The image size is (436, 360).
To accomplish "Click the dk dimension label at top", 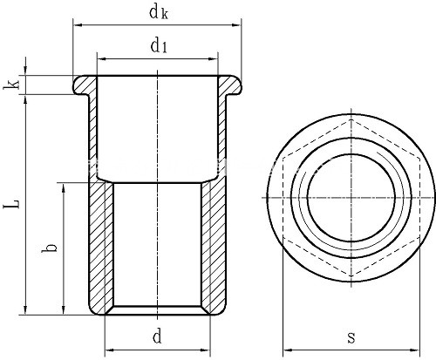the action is pos(159,13).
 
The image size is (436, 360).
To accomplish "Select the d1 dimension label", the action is pos(159,46).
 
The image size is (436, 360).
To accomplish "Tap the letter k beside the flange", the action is pos(11,85).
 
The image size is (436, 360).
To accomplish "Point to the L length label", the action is pos(11,203).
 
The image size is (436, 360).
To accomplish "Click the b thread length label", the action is pos(49,248).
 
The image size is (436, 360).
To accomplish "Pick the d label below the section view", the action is pos(157,337).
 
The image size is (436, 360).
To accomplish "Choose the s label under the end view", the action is pos(351,338).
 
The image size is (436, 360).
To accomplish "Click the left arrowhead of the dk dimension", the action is pos(77,25).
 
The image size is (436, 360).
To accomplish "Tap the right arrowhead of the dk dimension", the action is pos(237,25).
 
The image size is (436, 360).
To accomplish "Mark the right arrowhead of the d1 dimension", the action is pos(214,59).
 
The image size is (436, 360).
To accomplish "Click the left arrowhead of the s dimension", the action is pos(287,350).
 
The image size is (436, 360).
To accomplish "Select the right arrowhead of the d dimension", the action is pos(206,350).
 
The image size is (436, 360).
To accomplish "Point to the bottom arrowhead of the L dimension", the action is pos(25,310).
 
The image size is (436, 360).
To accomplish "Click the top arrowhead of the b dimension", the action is pos(64,187).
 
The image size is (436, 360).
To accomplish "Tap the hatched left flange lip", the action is pos(85,85).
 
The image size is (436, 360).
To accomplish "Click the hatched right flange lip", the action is pos(229,85).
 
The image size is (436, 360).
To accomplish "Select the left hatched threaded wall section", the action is pos(101,247).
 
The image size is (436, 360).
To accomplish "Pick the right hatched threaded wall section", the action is pos(214,247).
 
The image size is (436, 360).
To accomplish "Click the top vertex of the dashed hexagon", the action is pos(351,119).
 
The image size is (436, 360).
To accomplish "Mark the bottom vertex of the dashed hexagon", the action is pos(351,276).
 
